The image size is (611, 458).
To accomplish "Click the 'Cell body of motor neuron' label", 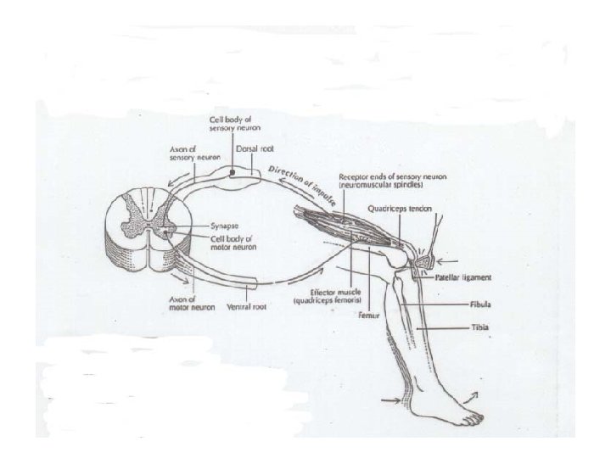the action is [233, 243].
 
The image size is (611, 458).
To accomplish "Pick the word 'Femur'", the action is [369, 315].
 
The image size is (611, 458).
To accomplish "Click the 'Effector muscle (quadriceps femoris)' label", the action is [328, 296].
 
